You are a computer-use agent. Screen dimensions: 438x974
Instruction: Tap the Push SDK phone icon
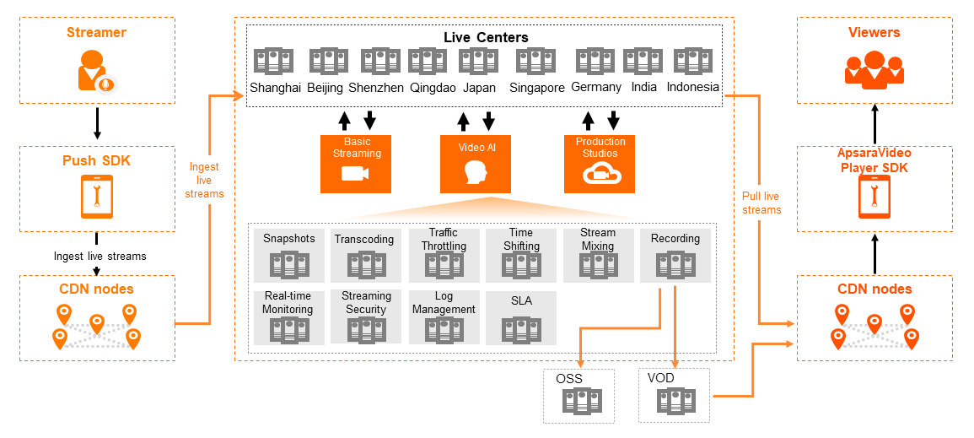point(96,196)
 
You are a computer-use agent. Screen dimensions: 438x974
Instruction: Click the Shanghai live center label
point(275,87)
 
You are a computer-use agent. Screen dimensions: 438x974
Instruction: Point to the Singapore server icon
point(536,62)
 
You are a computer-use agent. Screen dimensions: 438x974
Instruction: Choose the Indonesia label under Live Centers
point(692,87)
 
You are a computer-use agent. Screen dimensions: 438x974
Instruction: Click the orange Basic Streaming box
point(356,164)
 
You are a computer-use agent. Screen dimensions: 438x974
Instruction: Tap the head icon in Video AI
point(476,173)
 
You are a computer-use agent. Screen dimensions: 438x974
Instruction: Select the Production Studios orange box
point(600,164)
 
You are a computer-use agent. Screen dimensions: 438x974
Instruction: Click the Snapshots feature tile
point(288,255)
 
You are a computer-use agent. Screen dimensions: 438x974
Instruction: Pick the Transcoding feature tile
point(364,255)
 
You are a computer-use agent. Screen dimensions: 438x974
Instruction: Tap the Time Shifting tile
point(521,255)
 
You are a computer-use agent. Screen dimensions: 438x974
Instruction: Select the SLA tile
point(521,317)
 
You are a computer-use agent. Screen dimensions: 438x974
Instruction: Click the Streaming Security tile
point(366,317)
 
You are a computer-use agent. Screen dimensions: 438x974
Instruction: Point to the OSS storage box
point(579,395)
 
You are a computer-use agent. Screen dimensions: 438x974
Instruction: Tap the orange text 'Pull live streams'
point(761,203)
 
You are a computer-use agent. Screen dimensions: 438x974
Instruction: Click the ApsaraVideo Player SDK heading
point(874,160)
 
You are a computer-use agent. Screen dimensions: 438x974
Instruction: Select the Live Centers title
point(486,37)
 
